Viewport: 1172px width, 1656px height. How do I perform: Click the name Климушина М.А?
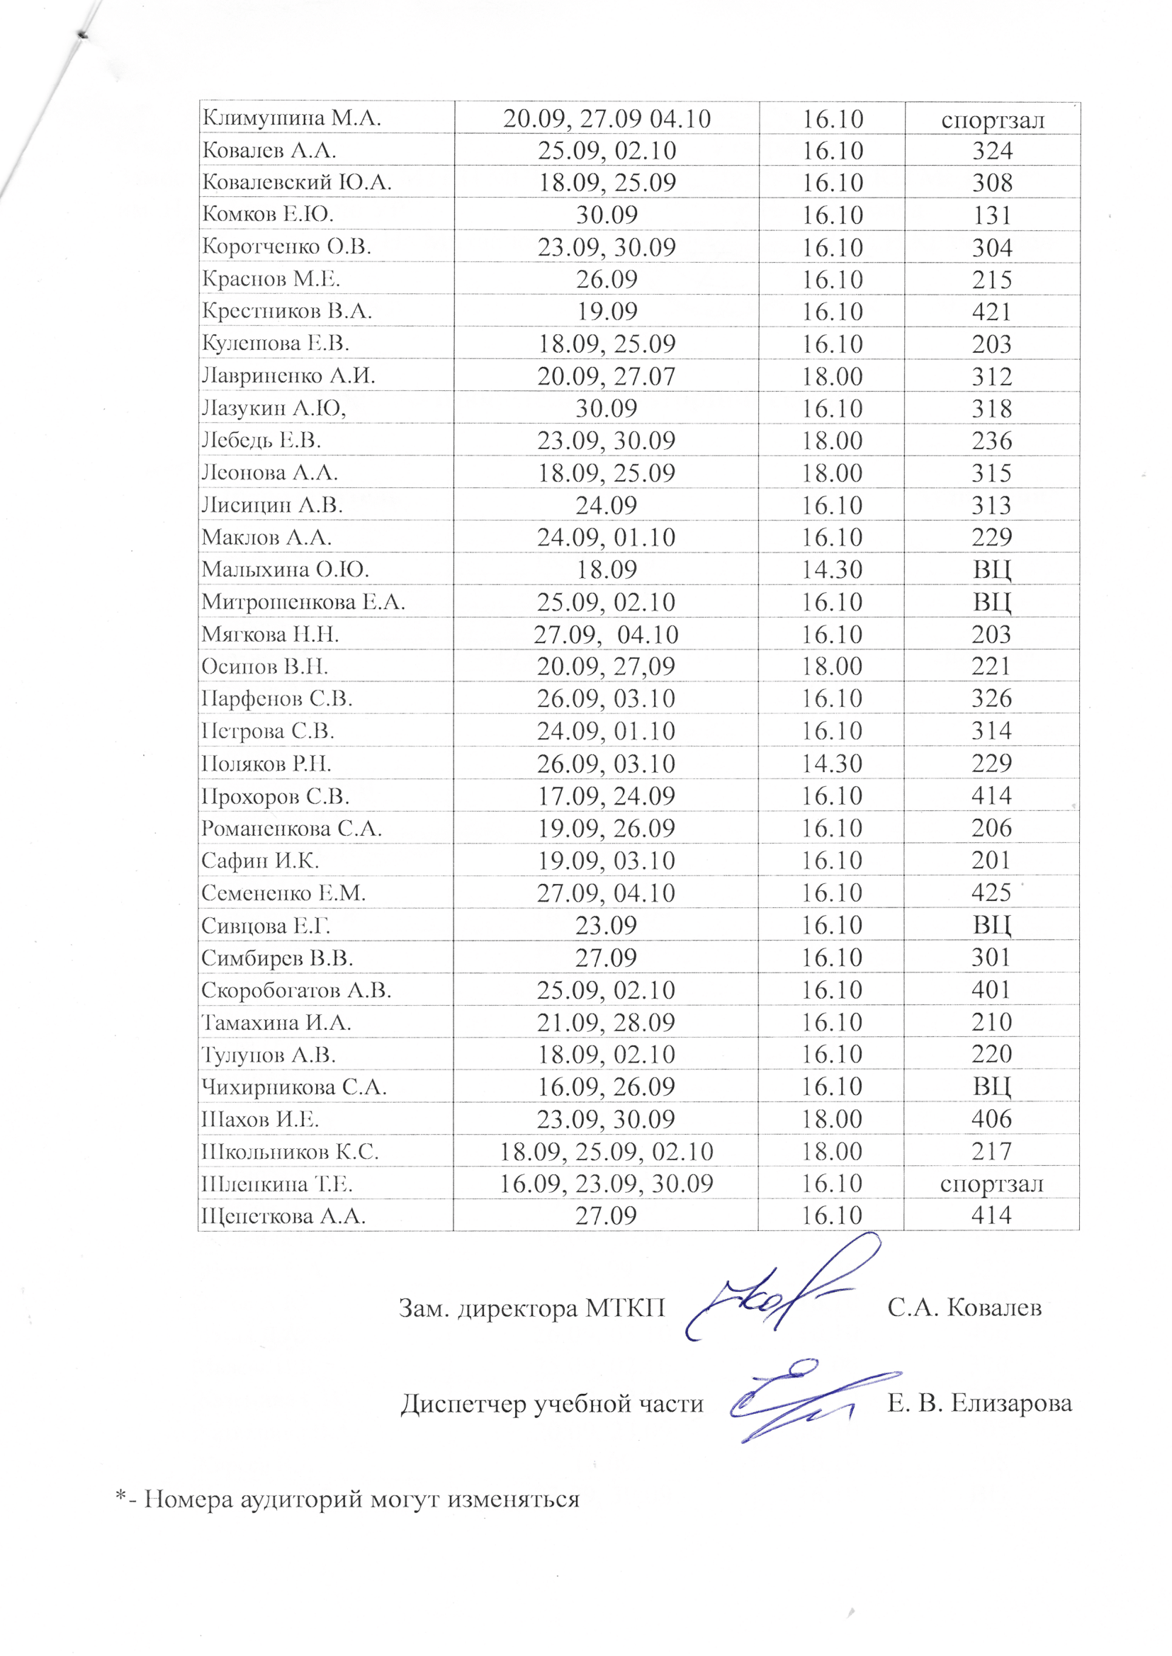click(x=291, y=118)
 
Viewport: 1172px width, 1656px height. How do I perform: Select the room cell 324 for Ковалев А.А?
click(x=992, y=151)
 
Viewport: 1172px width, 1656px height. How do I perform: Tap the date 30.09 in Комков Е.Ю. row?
click(x=607, y=215)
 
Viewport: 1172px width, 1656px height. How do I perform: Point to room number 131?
click(x=992, y=215)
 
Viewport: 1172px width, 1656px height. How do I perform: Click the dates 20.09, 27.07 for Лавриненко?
click(x=607, y=377)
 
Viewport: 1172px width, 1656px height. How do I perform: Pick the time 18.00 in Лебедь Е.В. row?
click(x=832, y=441)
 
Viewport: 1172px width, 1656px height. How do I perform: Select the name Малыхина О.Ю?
click(x=286, y=569)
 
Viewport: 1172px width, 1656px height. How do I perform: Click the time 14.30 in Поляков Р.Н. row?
click(x=832, y=763)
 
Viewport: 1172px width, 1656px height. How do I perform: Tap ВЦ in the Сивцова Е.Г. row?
click(x=992, y=925)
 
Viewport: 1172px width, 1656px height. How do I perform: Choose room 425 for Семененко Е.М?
click(x=992, y=893)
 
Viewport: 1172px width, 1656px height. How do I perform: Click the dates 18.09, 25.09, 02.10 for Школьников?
click(x=607, y=1151)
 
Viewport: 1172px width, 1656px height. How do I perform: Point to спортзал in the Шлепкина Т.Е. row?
click(x=992, y=1184)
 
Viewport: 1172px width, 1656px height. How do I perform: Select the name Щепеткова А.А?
click(x=283, y=1216)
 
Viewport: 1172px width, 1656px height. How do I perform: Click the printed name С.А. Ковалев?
click(x=964, y=1307)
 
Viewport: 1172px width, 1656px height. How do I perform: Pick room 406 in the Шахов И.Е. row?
click(x=992, y=1118)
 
